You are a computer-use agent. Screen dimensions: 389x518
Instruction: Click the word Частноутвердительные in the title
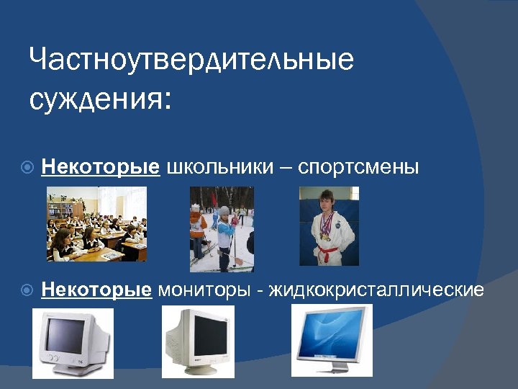tap(191, 60)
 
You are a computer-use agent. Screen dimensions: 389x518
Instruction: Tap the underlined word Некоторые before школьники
tap(100, 167)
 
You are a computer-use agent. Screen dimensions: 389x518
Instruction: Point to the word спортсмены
tap(358, 167)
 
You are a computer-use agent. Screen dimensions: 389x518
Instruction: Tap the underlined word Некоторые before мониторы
tap(96, 290)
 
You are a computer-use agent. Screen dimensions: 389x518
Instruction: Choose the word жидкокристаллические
tap(376, 290)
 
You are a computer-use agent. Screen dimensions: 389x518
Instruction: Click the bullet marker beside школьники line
tap(27, 168)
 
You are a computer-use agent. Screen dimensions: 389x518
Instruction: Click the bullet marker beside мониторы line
tap(27, 290)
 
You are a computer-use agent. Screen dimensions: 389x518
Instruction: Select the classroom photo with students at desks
tap(96, 224)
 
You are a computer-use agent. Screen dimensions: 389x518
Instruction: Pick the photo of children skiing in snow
tap(222, 228)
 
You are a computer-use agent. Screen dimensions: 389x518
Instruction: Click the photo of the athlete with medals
tap(329, 226)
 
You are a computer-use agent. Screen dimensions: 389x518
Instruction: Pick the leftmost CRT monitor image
tap(73, 343)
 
